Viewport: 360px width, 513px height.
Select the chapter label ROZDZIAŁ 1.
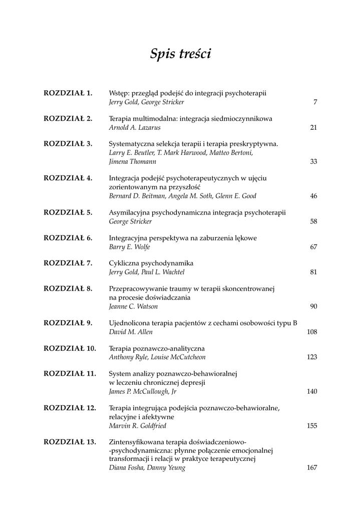68,93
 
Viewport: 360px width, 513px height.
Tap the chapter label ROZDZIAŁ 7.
68,263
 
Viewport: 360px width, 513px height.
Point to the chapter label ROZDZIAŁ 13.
70,442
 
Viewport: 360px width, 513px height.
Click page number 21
313,128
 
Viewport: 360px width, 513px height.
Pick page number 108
312,332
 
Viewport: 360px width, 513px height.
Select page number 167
312,468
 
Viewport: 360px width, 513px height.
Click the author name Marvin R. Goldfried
138,426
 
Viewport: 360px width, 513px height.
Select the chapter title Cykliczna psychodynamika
151,263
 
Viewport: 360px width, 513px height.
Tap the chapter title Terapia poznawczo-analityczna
157,348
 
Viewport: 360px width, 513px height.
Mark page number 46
313,196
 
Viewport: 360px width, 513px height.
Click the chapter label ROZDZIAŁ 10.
70,348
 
